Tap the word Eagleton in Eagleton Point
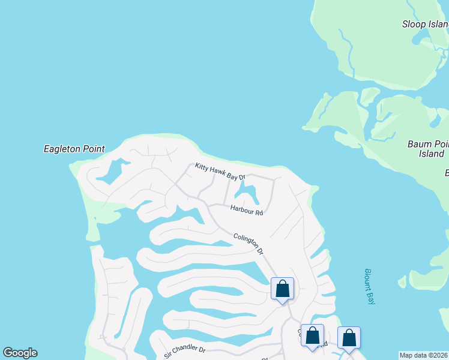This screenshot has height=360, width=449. [x=62, y=149]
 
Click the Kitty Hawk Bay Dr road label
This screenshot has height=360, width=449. [x=220, y=172]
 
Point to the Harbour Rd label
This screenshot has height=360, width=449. [x=247, y=209]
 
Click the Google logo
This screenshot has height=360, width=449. [x=20, y=353]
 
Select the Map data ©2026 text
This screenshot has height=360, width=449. [x=424, y=355]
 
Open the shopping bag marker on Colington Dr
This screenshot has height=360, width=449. [x=282, y=290]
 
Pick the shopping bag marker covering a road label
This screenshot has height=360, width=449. [x=312, y=336]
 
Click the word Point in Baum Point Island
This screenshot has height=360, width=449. [x=441, y=144]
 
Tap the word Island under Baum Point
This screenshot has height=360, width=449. [x=431, y=154]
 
